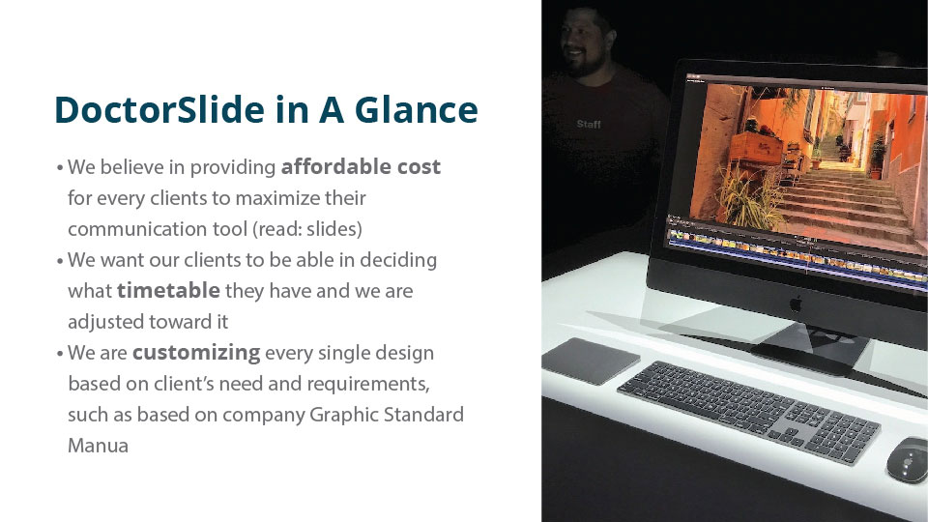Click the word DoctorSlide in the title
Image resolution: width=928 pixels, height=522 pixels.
(159, 109)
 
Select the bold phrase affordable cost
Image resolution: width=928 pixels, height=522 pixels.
(361, 166)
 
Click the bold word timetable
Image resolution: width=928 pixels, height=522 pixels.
(168, 290)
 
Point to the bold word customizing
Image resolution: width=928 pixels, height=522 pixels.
(196, 353)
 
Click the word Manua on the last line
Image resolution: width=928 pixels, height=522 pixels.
(98, 445)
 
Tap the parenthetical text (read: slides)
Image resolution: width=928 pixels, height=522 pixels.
(307, 229)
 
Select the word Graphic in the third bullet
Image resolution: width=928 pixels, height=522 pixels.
(344, 415)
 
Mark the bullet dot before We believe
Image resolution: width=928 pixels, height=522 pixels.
(60, 168)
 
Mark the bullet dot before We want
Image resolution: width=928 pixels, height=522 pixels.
(60, 261)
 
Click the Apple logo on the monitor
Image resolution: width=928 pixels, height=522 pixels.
(796, 304)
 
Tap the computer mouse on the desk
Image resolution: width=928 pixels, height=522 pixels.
(908, 460)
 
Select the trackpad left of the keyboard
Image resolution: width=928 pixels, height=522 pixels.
(590, 361)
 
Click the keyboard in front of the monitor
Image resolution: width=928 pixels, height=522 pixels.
(748, 412)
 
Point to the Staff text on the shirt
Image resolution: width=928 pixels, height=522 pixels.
(589, 124)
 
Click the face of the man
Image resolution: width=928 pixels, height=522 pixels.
(582, 44)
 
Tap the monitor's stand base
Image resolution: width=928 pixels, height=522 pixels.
(811, 349)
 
